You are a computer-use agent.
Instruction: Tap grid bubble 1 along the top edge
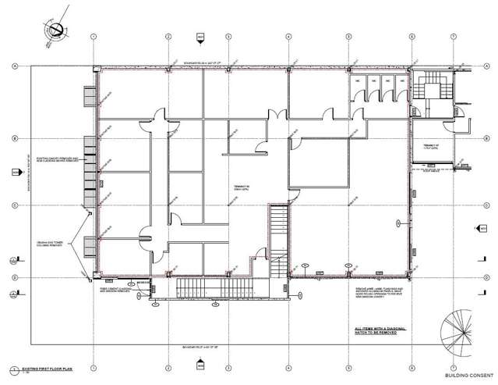pyautogui.click(x=93, y=37)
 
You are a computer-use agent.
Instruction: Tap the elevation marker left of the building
pyautogui.click(x=15, y=172)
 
